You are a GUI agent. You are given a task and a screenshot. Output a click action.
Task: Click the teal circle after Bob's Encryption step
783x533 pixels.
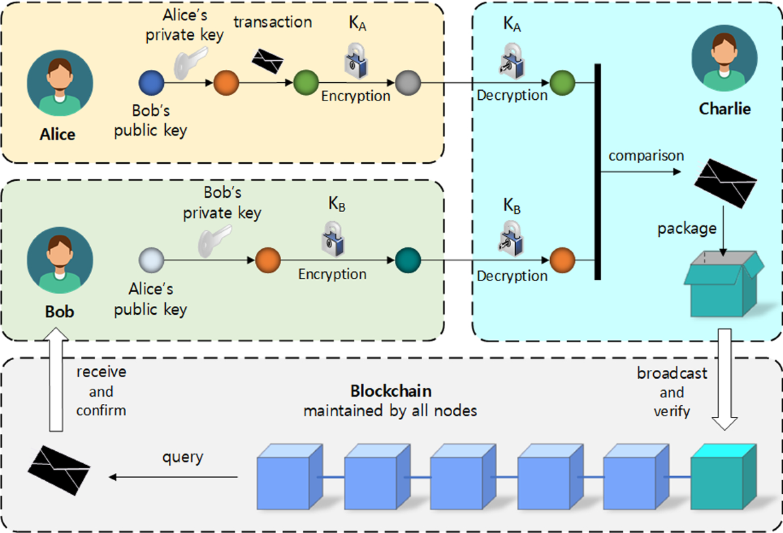[x=408, y=260]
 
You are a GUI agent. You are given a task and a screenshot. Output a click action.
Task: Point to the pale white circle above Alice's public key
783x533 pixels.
[x=151, y=260]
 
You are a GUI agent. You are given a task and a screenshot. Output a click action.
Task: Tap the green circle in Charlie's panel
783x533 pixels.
[x=561, y=83]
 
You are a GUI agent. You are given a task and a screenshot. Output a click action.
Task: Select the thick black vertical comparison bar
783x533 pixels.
[x=597, y=171]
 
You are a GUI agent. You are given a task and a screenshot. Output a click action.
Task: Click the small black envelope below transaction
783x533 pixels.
[x=268, y=61]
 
